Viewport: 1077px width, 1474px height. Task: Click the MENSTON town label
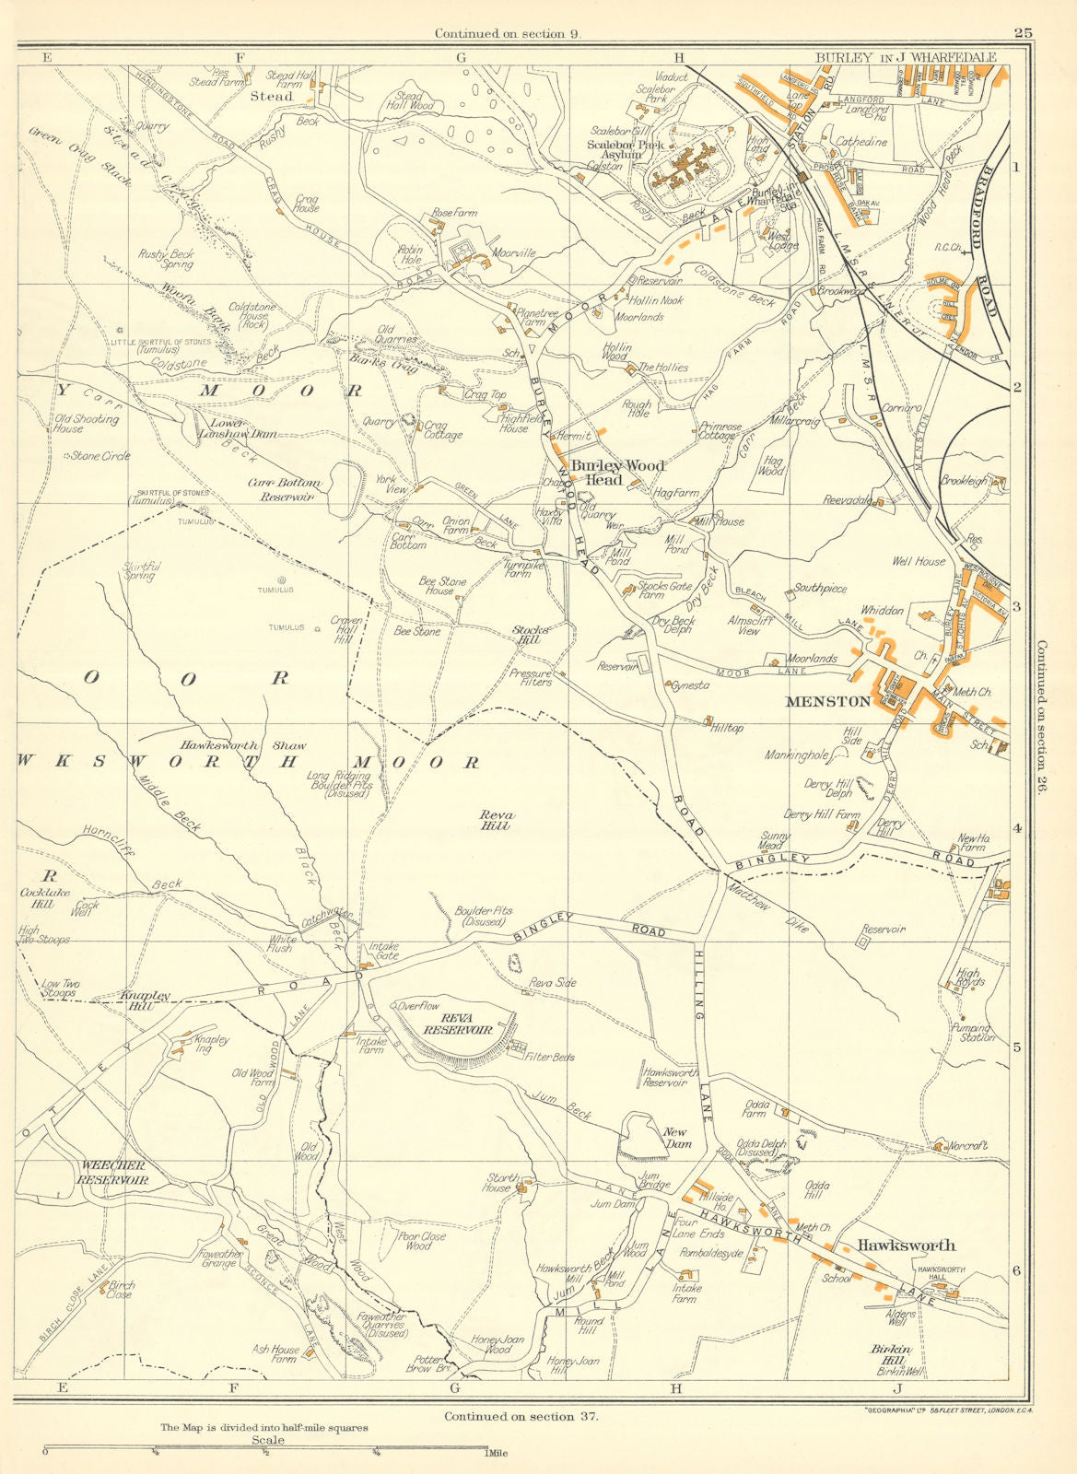pyautogui.click(x=827, y=701)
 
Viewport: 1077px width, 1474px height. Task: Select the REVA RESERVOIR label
pyautogui.click(x=458, y=1024)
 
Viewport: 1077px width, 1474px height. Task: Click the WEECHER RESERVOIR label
pyautogui.click(x=114, y=1172)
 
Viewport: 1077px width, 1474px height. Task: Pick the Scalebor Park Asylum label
pyautogui.click(x=628, y=150)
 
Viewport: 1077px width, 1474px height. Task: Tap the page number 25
pyautogui.click(x=1023, y=33)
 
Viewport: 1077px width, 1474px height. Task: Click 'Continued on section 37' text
pyautogui.click(x=521, y=1417)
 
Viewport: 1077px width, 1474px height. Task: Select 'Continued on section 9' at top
pyautogui.click(x=512, y=34)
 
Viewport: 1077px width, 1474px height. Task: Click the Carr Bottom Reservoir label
pyautogui.click(x=284, y=489)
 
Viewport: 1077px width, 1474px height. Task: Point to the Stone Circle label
pyautogui.click(x=100, y=456)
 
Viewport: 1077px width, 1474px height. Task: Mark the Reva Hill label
pyautogui.click(x=496, y=820)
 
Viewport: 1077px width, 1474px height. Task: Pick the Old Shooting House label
pyautogui.click(x=86, y=424)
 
